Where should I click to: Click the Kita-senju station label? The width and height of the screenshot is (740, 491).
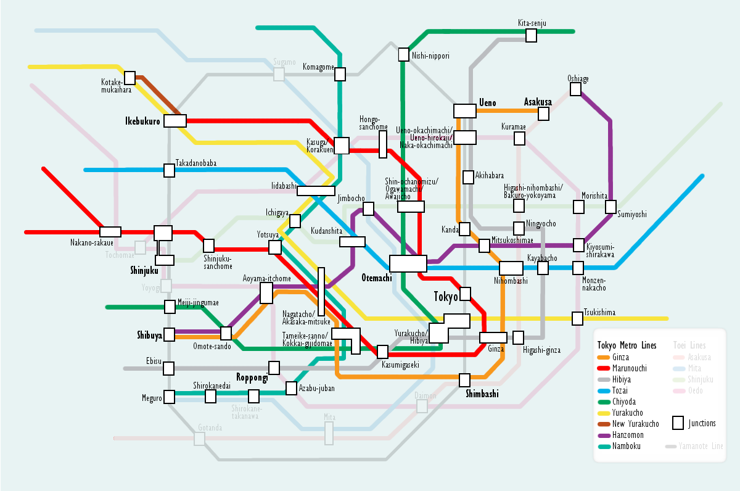pyautogui.click(x=532, y=23)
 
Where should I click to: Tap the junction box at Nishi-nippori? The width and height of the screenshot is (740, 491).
pyautogui.click(x=404, y=54)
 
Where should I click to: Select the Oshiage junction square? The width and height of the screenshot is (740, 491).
pyautogui.click(x=575, y=89)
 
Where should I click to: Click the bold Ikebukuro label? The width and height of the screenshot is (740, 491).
pyautogui.click(x=142, y=121)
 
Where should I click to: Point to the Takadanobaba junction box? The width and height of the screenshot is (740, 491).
pyautogui.click(x=169, y=170)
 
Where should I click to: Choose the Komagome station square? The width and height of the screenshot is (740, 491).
pyautogui.click(x=340, y=74)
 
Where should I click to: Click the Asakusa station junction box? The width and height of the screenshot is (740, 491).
pyautogui.click(x=543, y=113)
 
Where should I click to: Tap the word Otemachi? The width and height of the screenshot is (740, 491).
pyautogui.click(x=376, y=278)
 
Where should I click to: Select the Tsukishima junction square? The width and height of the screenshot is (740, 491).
pyautogui.click(x=577, y=318)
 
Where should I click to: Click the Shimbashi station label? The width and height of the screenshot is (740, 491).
pyautogui.click(x=482, y=394)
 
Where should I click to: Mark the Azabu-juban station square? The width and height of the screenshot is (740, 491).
pyautogui.click(x=292, y=388)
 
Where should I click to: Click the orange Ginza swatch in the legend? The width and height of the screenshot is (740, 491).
pyautogui.click(x=603, y=357)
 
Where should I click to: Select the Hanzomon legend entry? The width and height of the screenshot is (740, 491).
pyautogui.click(x=628, y=435)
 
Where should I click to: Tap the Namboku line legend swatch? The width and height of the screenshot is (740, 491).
pyautogui.click(x=603, y=446)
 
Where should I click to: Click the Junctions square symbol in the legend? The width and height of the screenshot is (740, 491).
pyautogui.click(x=678, y=423)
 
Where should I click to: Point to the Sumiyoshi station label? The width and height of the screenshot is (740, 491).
pyautogui.click(x=632, y=214)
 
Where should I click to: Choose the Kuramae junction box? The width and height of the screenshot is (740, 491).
pyautogui.click(x=519, y=138)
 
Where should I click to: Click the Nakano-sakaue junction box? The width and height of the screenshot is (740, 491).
pyautogui.click(x=110, y=232)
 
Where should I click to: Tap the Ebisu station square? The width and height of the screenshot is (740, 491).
pyautogui.click(x=169, y=368)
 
